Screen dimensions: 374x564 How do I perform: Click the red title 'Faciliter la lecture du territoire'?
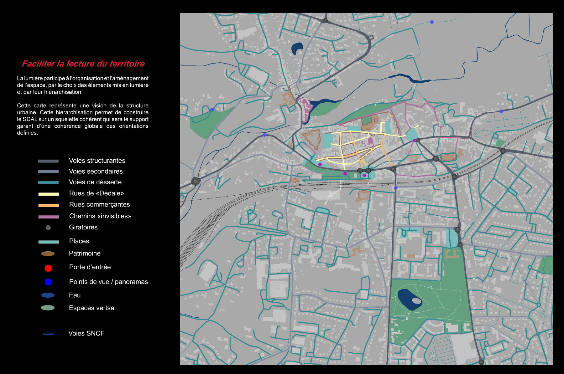click(83, 64)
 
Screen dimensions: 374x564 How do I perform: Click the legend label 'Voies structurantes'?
click(97, 161)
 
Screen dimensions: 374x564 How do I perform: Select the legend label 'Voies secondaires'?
click(96, 171)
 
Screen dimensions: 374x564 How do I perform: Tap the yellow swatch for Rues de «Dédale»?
click(49, 194)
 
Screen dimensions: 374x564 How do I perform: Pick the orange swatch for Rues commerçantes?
click(49, 205)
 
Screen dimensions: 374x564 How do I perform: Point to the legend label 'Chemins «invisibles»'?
click(100, 216)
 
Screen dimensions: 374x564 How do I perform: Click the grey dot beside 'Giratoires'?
click(48, 228)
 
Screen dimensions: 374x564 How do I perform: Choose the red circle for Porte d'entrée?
click(48, 268)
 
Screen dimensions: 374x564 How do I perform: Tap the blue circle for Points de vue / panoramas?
click(48, 282)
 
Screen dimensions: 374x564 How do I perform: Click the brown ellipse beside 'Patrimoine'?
click(48, 254)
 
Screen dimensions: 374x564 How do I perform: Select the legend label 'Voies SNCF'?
click(86, 333)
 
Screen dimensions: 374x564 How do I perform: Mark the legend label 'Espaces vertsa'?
click(91, 308)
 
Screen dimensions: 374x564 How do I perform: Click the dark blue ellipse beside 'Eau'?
click(48, 295)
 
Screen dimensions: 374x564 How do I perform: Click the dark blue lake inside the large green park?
click(407, 299)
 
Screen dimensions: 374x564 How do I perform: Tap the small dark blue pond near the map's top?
click(296, 48)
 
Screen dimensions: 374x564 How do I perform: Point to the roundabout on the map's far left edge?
click(196, 181)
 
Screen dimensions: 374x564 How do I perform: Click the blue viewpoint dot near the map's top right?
click(432, 22)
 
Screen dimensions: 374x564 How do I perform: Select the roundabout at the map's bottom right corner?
click(481, 362)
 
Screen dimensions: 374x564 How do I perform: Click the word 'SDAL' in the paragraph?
click(30, 119)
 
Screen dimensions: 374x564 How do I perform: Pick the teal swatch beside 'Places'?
click(49, 242)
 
